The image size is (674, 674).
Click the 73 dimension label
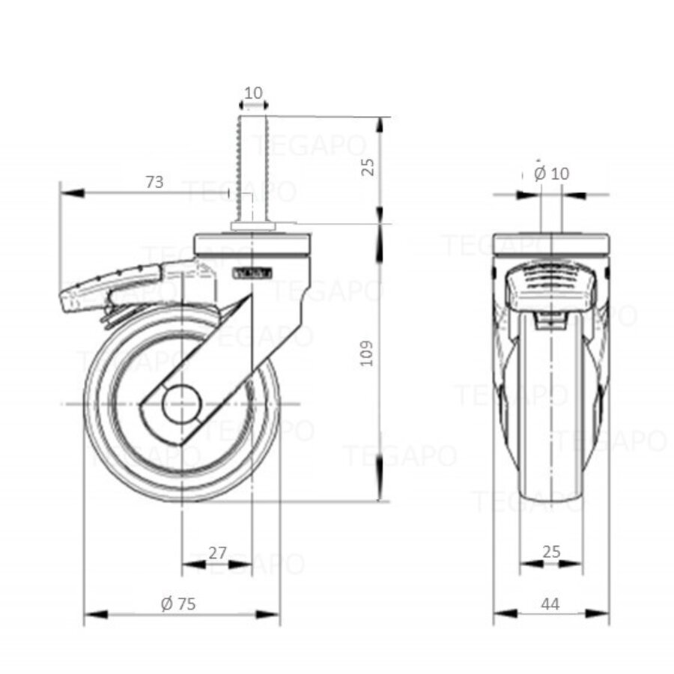click(x=154, y=182)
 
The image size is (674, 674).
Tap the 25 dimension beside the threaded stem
click(x=368, y=166)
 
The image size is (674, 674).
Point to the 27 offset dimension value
click(x=217, y=553)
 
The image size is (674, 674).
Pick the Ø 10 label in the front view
click(x=552, y=174)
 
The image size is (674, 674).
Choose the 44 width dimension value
click(x=550, y=604)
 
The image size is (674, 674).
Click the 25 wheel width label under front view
click(x=551, y=553)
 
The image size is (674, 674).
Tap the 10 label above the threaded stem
click(x=254, y=93)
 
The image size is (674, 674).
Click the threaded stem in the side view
click(x=254, y=165)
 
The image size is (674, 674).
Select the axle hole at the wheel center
click(x=182, y=405)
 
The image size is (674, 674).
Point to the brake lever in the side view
click(x=112, y=285)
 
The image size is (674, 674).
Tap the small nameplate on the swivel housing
click(x=252, y=273)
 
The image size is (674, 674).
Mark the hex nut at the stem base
click(x=253, y=225)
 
